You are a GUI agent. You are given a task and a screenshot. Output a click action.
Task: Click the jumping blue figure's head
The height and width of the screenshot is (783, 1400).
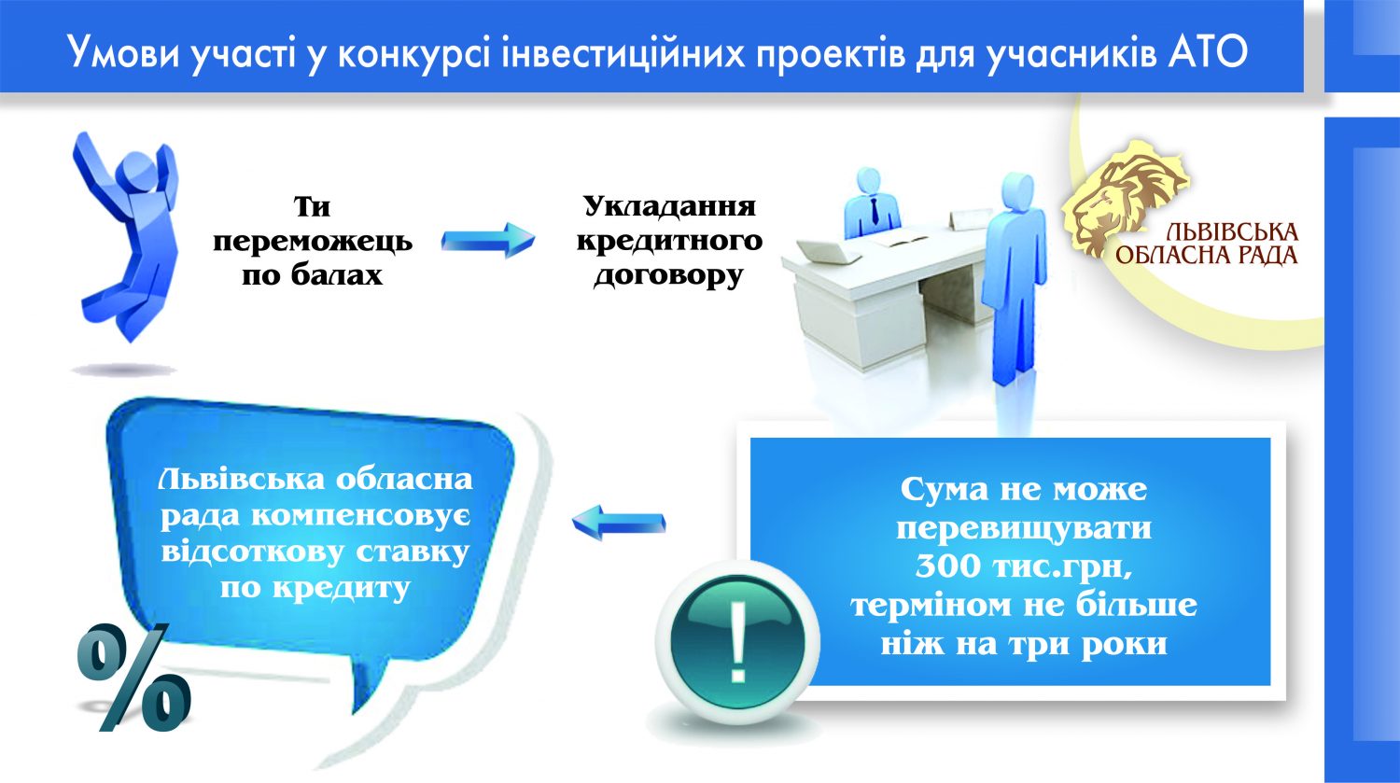coord(136,166)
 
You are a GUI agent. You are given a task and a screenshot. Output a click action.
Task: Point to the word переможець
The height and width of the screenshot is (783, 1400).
coord(313,242)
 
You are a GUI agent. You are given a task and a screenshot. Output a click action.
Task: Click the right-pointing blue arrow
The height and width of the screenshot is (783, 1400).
coord(488,241)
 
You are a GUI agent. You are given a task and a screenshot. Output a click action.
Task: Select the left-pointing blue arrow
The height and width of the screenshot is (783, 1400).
coord(619,522)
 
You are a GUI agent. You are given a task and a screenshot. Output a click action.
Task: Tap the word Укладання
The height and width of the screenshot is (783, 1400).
coord(669,206)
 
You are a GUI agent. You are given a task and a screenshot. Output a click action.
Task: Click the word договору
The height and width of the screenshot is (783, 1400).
coord(669,276)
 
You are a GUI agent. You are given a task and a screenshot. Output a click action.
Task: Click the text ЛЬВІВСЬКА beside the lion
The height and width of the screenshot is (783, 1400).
coord(1232,232)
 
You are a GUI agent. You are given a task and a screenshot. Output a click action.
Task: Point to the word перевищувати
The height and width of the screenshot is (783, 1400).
coord(1024,528)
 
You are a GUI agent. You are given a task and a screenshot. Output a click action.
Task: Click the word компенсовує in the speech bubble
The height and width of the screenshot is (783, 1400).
coord(360,516)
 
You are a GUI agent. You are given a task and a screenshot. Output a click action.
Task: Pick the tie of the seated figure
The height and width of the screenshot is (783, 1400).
coord(874,210)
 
